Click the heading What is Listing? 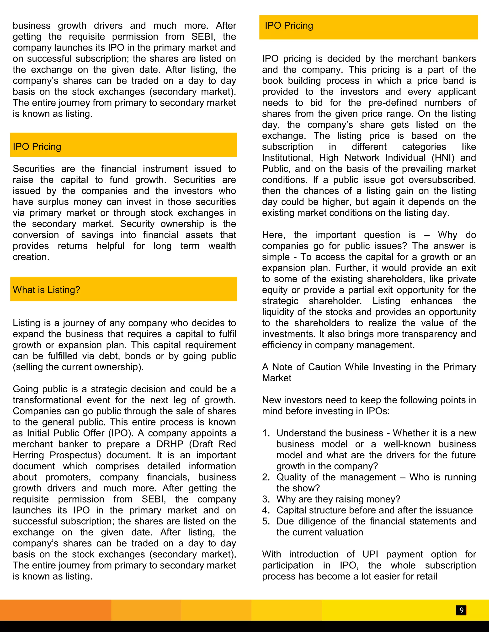coord(46,290)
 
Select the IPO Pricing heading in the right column coord(289,26)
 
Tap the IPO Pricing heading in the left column coord(37,147)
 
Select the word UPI coord(370,554)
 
